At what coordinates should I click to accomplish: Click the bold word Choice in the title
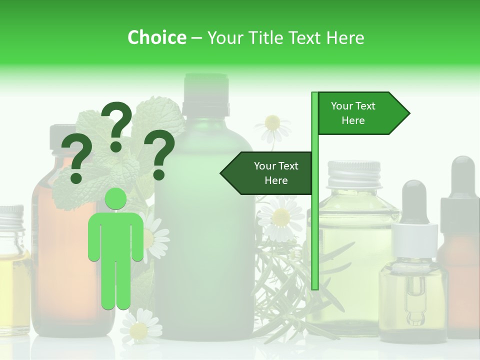(x=156, y=38)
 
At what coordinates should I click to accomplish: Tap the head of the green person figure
(x=116, y=199)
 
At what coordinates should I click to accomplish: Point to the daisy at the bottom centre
(x=139, y=327)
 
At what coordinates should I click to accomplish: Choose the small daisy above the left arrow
(x=272, y=125)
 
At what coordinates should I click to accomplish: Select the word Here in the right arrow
(x=353, y=120)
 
